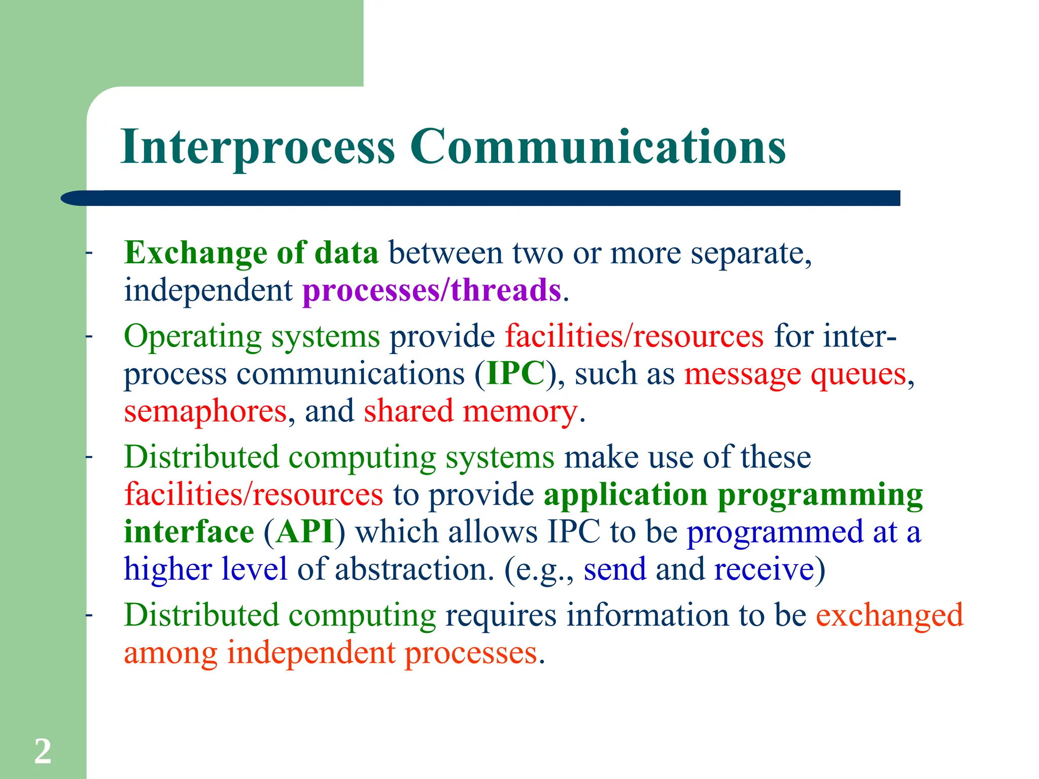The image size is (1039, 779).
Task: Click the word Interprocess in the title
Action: pyautogui.click(x=258, y=147)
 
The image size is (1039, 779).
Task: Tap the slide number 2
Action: pyautogui.click(x=43, y=751)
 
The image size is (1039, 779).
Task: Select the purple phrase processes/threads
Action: pyautogui.click(x=432, y=290)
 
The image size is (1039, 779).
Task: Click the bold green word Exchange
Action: pyautogui.click(x=195, y=253)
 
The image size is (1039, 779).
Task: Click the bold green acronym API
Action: pyautogui.click(x=304, y=532)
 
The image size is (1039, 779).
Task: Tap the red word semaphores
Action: pyautogui.click(x=205, y=411)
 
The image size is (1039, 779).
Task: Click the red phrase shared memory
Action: pyautogui.click(x=470, y=411)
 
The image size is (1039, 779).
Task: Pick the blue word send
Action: pyautogui.click(x=614, y=569)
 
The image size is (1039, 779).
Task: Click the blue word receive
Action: pyautogui.click(x=764, y=569)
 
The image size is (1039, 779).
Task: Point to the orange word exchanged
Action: pyautogui.click(x=889, y=616)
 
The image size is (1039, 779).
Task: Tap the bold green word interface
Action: pyautogui.click(x=189, y=532)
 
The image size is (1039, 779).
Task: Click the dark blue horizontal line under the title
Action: pyautogui.click(x=482, y=198)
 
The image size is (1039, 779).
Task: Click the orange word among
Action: pyautogui.click(x=170, y=653)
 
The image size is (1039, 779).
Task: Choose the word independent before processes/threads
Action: pyautogui.click(x=208, y=290)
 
